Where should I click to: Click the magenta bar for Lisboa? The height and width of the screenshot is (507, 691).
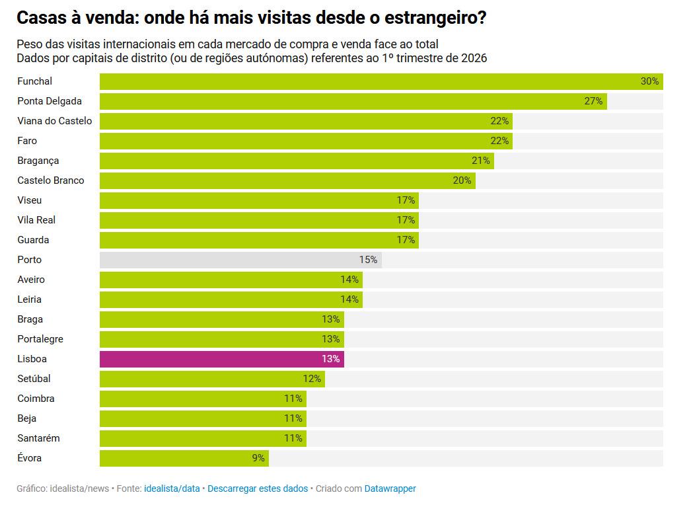[x=221, y=359]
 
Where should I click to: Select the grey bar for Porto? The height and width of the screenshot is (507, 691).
[x=240, y=260]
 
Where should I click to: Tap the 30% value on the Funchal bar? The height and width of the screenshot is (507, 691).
[x=649, y=81]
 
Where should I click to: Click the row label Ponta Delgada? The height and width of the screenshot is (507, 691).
[x=50, y=101]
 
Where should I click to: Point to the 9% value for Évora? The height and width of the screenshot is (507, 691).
[x=258, y=458]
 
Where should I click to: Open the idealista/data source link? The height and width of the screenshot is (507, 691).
[x=172, y=488]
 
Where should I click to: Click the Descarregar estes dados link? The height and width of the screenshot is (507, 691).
[x=258, y=488]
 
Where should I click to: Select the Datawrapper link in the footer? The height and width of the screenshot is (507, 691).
[x=390, y=488]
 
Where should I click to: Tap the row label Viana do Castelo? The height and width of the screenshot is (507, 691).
[x=55, y=121]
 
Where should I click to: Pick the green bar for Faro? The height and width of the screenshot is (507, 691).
[x=306, y=141]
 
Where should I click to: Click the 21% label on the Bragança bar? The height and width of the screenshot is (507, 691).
[x=481, y=161]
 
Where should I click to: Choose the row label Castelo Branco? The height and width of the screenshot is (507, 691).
[x=51, y=180]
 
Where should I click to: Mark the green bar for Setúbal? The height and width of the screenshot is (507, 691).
[x=212, y=379]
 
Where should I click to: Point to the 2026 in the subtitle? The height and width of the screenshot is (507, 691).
[x=474, y=58]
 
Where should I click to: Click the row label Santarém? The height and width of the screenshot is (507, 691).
[x=38, y=438]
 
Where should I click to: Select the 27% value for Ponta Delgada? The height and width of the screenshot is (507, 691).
[x=593, y=101]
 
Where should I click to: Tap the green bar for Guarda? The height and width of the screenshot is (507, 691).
[x=259, y=240]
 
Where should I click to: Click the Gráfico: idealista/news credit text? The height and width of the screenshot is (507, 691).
[x=63, y=488]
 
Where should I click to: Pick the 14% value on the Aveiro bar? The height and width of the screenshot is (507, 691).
[x=349, y=280]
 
